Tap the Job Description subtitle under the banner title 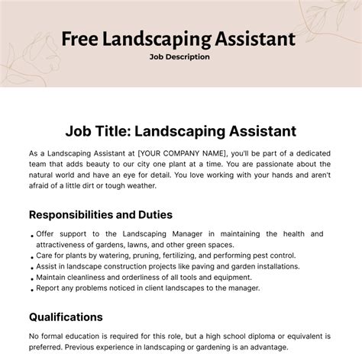180,56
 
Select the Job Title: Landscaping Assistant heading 180,131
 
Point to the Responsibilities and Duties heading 100,214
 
